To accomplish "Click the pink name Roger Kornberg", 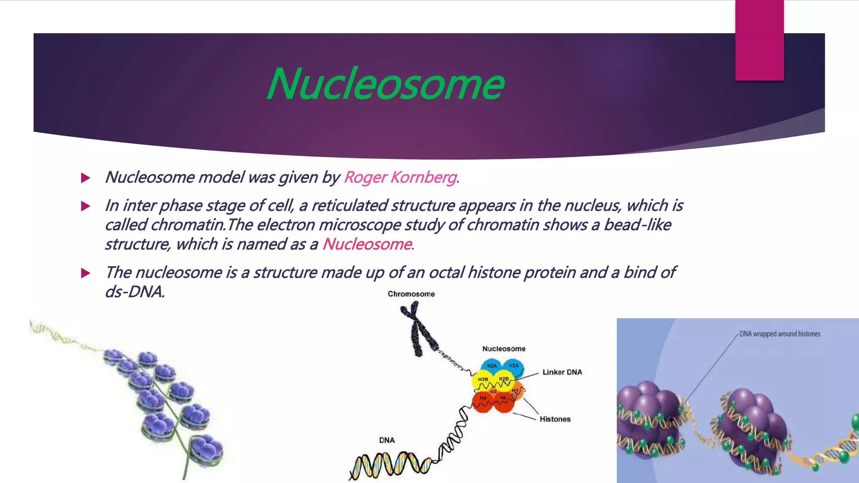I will pyautogui.click(x=400, y=177).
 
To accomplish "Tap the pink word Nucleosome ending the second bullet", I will pyautogui.click(x=367, y=244).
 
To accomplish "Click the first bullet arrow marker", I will pyautogui.click(x=86, y=178).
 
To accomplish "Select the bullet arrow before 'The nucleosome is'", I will pyautogui.click(x=86, y=273).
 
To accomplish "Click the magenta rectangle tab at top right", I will pyautogui.click(x=759, y=40).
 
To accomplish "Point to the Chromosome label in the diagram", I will pyautogui.click(x=411, y=294).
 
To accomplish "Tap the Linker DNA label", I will pyautogui.click(x=562, y=372).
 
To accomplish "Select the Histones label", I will pyautogui.click(x=555, y=419).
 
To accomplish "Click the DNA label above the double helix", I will pyautogui.click(x=387, y=440).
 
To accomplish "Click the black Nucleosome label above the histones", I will pyautogui.click(x=503, y=349).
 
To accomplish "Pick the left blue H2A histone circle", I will pyautogui.click(x=492, y=366).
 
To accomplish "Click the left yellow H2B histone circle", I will pyautogui.click(x=483, y=380).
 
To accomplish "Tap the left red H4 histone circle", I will pyautogui.click(x=483, y=400).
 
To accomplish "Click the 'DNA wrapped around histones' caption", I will pyautogui.click(x=779, y=334).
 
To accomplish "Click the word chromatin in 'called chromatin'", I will pyautogui.click(x=188, y=225).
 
